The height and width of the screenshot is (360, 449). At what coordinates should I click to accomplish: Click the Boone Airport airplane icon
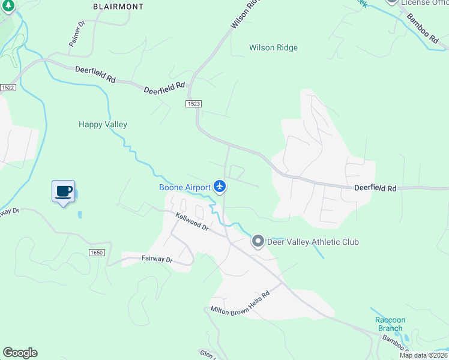(220, 187)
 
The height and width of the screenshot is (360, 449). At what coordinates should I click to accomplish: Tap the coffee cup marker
(63, 192)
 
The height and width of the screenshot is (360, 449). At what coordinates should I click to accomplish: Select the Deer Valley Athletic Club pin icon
(258, 242)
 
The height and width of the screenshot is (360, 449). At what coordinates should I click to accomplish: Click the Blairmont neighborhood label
(119, 6)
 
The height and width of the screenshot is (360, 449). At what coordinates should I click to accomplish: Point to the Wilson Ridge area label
(273, 47)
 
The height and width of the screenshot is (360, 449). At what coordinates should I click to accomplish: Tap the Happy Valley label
(103, 124)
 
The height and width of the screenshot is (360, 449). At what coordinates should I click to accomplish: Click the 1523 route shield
(193, 104)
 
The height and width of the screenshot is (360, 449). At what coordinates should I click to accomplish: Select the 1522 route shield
(7, 88)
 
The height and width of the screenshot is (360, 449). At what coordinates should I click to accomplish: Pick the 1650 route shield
(96, 253)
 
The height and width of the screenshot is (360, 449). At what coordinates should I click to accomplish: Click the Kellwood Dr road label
(191, 221)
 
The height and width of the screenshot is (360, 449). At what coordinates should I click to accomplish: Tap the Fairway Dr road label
(157, 259)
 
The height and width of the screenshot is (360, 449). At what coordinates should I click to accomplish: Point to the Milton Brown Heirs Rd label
(241, 303)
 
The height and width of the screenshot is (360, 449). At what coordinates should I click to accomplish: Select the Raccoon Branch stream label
(390, 324)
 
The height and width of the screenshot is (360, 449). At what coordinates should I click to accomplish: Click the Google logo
(20, 353)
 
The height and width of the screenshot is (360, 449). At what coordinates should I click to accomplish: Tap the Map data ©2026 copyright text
(424, 355)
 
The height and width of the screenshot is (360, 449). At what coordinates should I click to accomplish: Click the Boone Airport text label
(185, 187)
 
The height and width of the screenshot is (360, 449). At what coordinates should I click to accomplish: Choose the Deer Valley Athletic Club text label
(313, 242)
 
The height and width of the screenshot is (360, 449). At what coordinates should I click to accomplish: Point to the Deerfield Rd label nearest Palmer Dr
(95, 74)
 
